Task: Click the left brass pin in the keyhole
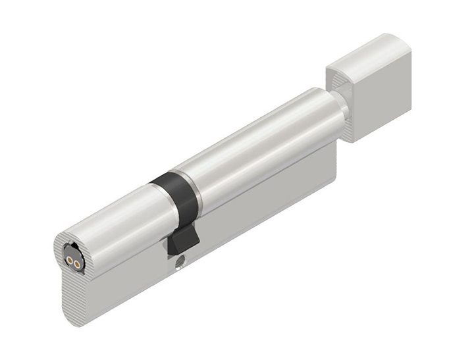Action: (x=70, y=261)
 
